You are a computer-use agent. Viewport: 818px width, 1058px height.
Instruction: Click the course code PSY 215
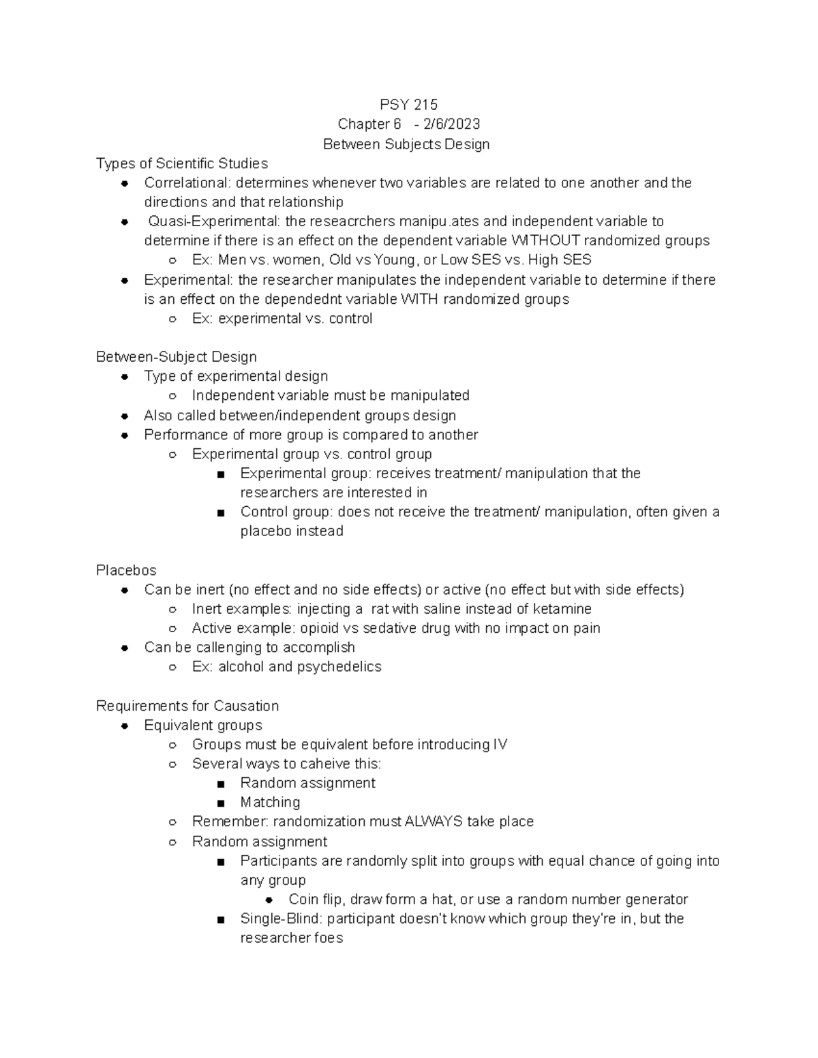(408, 104)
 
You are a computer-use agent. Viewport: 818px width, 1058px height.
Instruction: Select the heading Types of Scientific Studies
(182, 164)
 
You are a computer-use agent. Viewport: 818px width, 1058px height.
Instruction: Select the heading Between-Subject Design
(177, 357)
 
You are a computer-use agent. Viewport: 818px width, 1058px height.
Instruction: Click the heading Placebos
(126, 570)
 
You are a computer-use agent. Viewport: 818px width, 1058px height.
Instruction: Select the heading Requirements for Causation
(187, 706)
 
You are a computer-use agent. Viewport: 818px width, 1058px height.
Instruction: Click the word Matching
(270, 803)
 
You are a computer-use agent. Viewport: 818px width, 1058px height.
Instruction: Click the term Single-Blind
(281, 918)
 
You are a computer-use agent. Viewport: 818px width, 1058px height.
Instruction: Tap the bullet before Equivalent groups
(125, 726)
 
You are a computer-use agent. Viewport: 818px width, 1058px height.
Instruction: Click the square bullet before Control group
(220, 513)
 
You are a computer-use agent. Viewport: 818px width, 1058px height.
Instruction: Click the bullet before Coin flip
(269, 900)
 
